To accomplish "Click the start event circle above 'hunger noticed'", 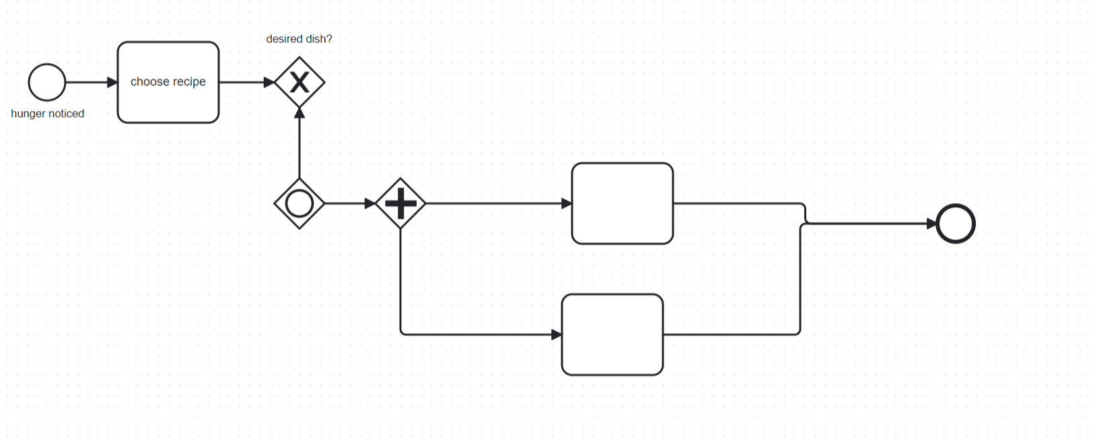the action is pos(47,82).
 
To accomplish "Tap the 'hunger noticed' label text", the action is pos(47,114).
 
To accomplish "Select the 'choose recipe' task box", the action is pos(168,101).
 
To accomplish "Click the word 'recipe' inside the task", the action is pos(189,82).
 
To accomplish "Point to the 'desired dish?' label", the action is pos(299,39).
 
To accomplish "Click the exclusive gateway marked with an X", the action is pos(299,82).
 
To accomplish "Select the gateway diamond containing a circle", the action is pos(299,203).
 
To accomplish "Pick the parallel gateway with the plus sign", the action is pos(400,203).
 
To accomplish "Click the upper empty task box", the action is pos(623,203).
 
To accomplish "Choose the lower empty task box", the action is pos(612,334).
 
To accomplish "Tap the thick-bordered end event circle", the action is pos(956,223).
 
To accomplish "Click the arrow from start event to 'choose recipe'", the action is pos(91,82).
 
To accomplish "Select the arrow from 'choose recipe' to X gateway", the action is pos(246,82).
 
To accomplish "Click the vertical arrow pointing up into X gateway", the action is pos(299,145).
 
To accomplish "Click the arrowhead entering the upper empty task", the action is pos(567,203).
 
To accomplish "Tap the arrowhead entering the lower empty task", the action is pos(557,334).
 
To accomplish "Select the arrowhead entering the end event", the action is pos(931,223).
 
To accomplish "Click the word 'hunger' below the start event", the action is pos(28,114).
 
